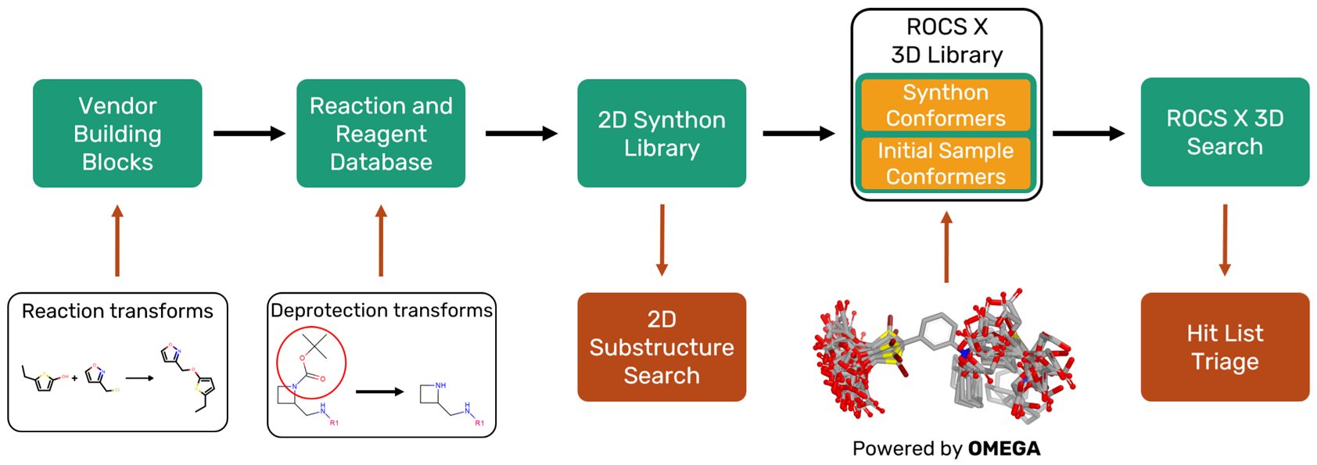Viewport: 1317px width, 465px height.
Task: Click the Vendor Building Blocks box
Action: coord(117,134)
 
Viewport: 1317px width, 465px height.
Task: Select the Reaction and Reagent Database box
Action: coord(381,134)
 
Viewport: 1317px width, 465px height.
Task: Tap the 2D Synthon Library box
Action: coord(662,134)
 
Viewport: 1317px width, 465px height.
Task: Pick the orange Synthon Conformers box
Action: coord(946,105)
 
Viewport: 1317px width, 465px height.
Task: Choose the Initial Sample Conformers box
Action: coord(946,163)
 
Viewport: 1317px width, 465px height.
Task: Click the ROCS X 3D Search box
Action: coord(1225,132)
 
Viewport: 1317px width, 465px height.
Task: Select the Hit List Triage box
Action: coord(1225,347)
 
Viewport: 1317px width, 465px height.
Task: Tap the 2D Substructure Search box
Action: coord(662,347)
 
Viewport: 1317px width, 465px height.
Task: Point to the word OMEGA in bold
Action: coord(1004,449)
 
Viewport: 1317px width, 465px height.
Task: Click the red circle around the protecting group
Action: coord(311,362)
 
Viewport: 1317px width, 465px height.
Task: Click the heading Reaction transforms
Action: coord(117,311)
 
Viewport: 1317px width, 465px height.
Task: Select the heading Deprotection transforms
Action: coord(382,310)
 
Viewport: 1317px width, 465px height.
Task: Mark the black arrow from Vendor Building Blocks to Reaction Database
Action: coord(249,134)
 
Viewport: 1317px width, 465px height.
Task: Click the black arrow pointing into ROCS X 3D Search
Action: coord(1088,134)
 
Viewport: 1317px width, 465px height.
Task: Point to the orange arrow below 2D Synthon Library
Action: coord(662,240)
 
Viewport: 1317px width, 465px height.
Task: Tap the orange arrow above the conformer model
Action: coord(946,246)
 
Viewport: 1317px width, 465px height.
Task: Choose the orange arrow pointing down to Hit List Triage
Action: coord(1225,240)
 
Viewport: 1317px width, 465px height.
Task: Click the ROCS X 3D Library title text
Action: coord(946,41)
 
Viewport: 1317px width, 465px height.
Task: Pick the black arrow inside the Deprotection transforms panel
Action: coord(379,392)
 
